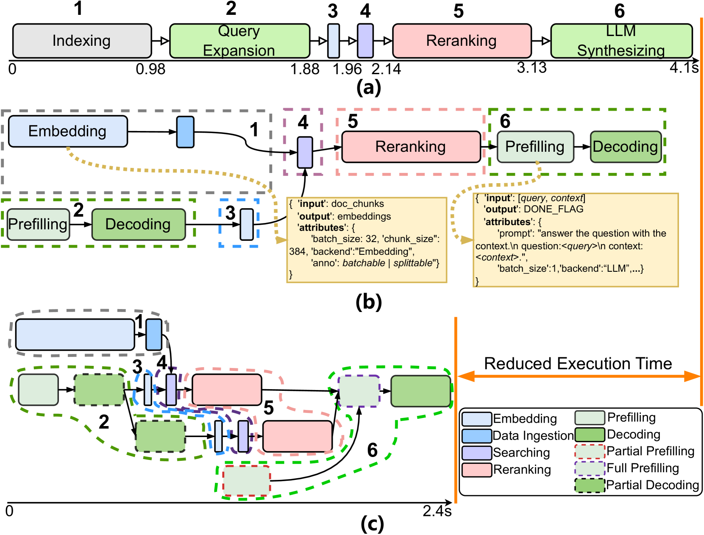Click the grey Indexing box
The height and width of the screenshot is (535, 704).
click(x=82, y=41)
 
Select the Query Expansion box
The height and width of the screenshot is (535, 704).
click(x=239, y=41)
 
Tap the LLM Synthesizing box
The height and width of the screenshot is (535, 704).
click(x=621, y=41)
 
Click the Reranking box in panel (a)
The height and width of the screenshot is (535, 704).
click(x=462, y=41)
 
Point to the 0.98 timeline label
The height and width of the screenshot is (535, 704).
click(x=150, y=69)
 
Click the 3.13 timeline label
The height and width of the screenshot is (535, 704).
click(x=531, y=68)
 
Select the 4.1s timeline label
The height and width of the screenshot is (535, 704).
click(x=684, y=68)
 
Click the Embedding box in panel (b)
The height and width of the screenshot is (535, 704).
click(x=68, y=131)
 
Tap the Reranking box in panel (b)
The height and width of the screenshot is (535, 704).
click(x=411, y=147)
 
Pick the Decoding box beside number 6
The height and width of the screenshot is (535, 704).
click(x=626, y=147)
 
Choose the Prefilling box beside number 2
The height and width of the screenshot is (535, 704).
click(x=38, y=224)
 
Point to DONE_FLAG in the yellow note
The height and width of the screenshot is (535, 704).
click(x=554, y=209)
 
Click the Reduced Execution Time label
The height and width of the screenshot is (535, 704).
click(x=578, y=364)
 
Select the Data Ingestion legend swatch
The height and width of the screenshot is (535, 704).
click(x=476, y=436)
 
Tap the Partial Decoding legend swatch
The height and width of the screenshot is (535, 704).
click(x=589, y=485)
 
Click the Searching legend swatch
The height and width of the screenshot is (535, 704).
click(x=476, y=453)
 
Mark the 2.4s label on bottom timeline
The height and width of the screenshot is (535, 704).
click(x=437, y=511)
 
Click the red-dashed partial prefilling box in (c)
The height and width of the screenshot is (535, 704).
click(x=246, y=481)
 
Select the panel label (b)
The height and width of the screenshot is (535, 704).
click(x=368, y=302)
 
